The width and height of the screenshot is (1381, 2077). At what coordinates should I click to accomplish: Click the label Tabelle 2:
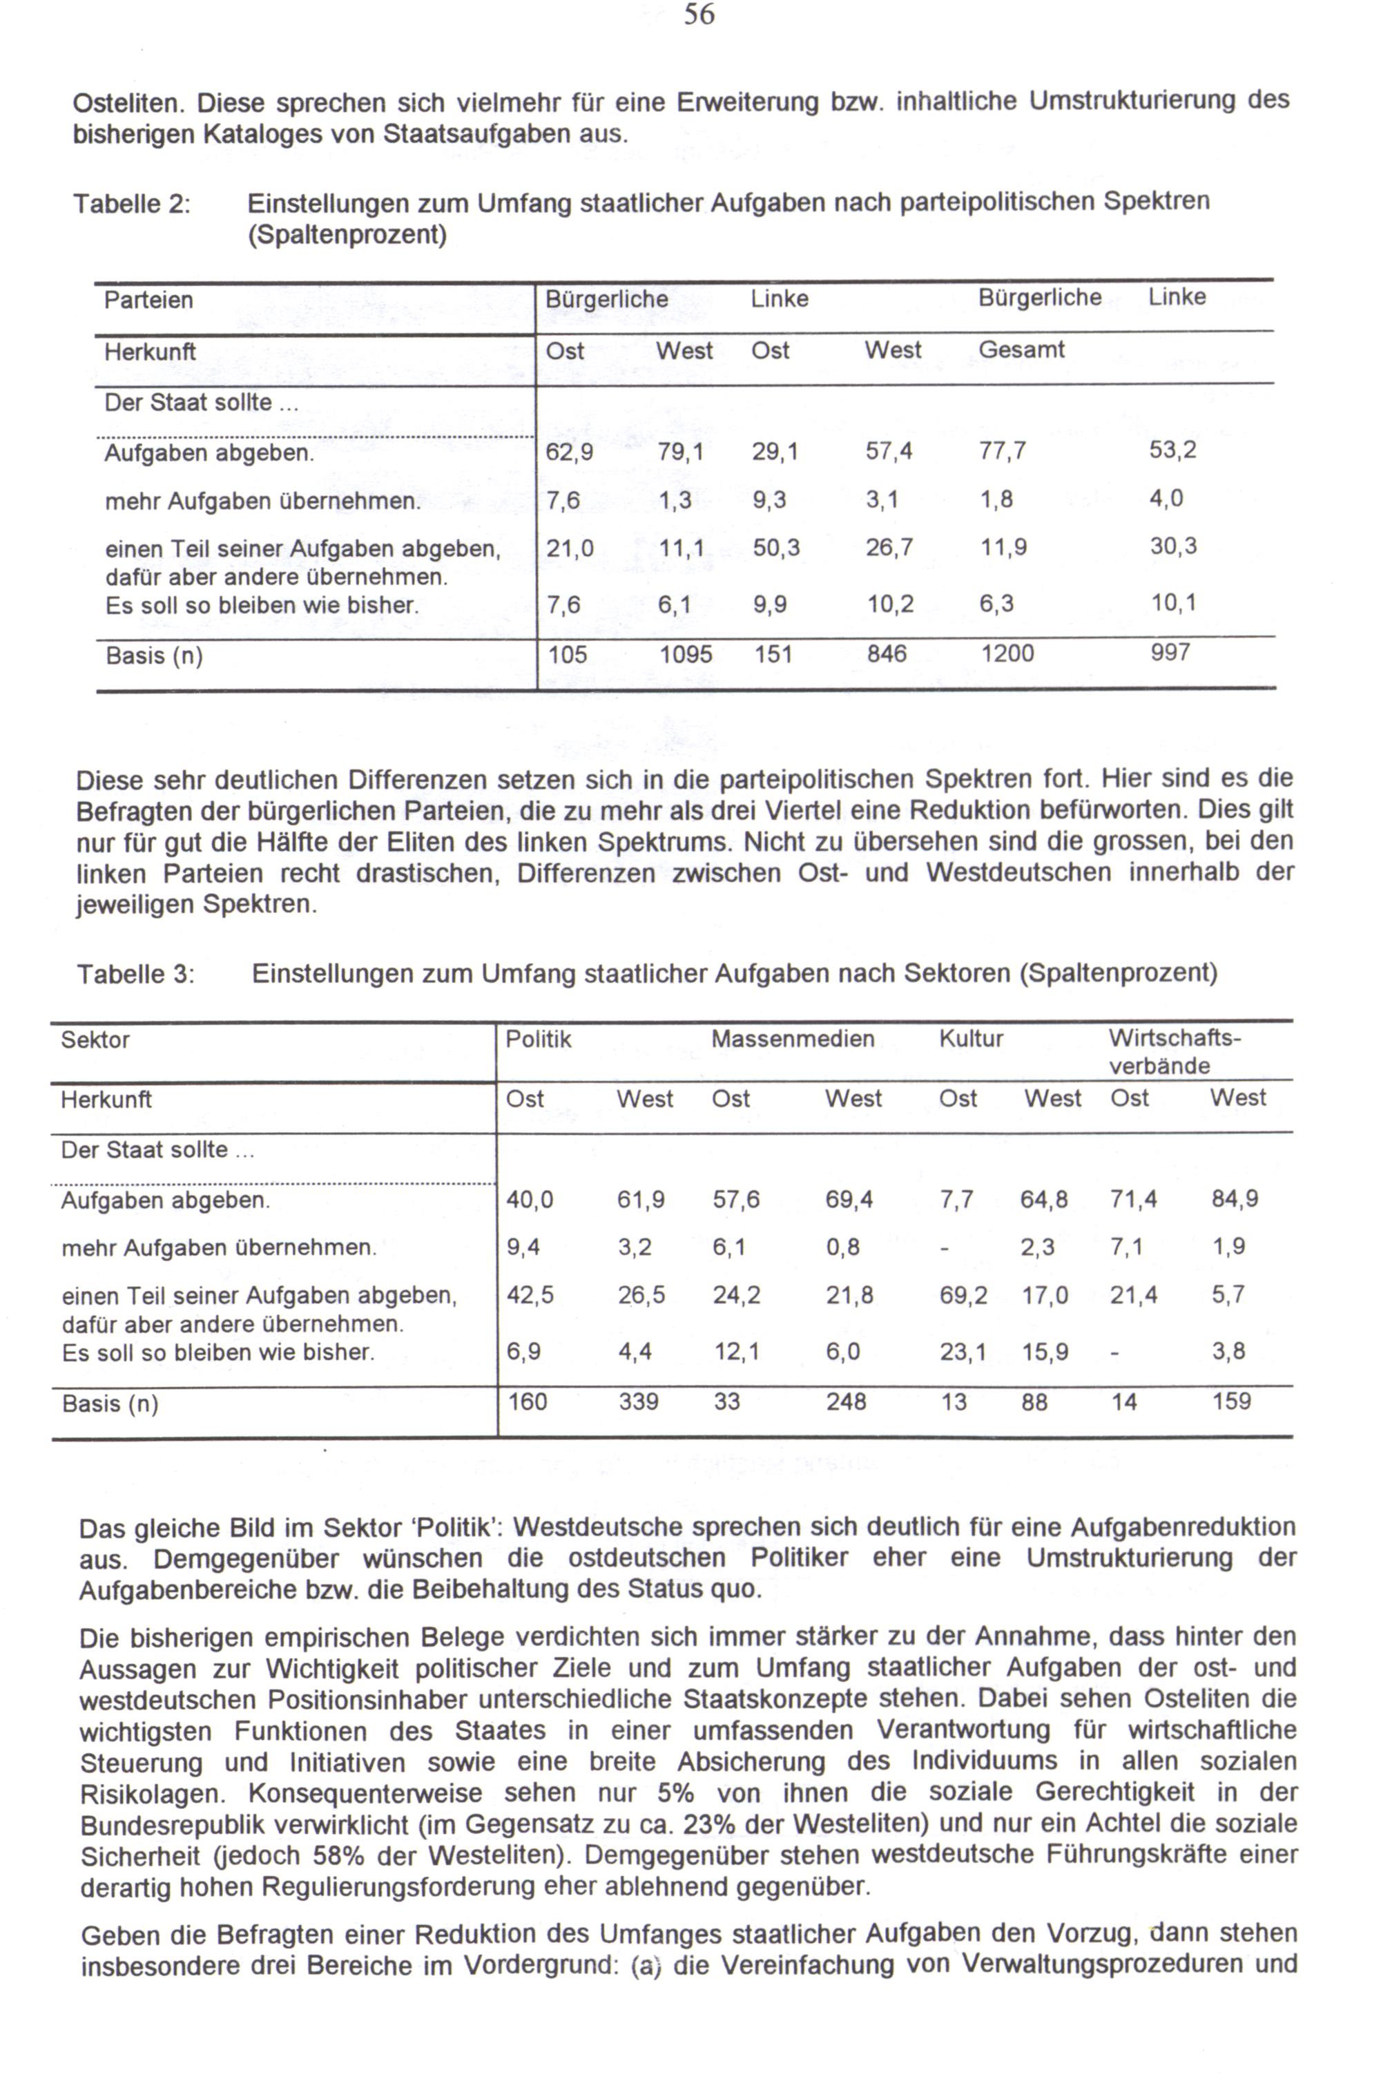[132, 204]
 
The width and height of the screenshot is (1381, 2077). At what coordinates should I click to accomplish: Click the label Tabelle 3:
[135, 974]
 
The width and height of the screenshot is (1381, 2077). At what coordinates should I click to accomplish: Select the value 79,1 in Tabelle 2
[680, 452]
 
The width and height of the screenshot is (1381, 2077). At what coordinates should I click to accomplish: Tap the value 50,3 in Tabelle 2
[776, 548]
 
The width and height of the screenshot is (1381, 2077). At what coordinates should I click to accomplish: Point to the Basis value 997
[1170, 653]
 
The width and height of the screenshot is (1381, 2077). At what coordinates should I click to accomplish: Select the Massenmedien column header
[793, 1040]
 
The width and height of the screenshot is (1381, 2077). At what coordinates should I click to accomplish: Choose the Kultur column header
[971, 1040]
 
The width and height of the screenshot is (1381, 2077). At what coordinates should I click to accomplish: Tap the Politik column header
[538, 1040]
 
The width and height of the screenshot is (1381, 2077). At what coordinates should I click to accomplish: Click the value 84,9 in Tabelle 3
[1235, 1199]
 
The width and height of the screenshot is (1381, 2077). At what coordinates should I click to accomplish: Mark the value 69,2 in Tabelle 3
[963, 1296]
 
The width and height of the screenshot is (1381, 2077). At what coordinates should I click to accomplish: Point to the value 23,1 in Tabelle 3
[963, 1351]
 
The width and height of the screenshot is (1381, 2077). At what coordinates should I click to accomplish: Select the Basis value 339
[639, 1401]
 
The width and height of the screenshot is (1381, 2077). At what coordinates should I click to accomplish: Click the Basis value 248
[845, 1401]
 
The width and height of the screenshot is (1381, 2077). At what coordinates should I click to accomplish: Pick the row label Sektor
[95, 1040]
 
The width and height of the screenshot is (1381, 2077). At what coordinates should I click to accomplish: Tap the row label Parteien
[148, 300]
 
